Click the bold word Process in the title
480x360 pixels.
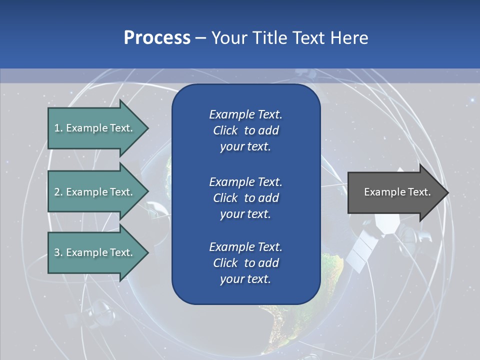tap(157, 37)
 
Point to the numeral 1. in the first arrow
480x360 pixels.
tap(58, 128)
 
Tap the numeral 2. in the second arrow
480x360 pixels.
tap(58, 192)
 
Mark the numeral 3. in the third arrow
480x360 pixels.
tap(58, 252)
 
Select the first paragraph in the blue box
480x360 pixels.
tap(245, 130)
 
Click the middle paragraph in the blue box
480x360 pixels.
tap(245, 197)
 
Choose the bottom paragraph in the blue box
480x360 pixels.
tap(245, 263)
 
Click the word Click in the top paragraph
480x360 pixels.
tap(225, 130)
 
